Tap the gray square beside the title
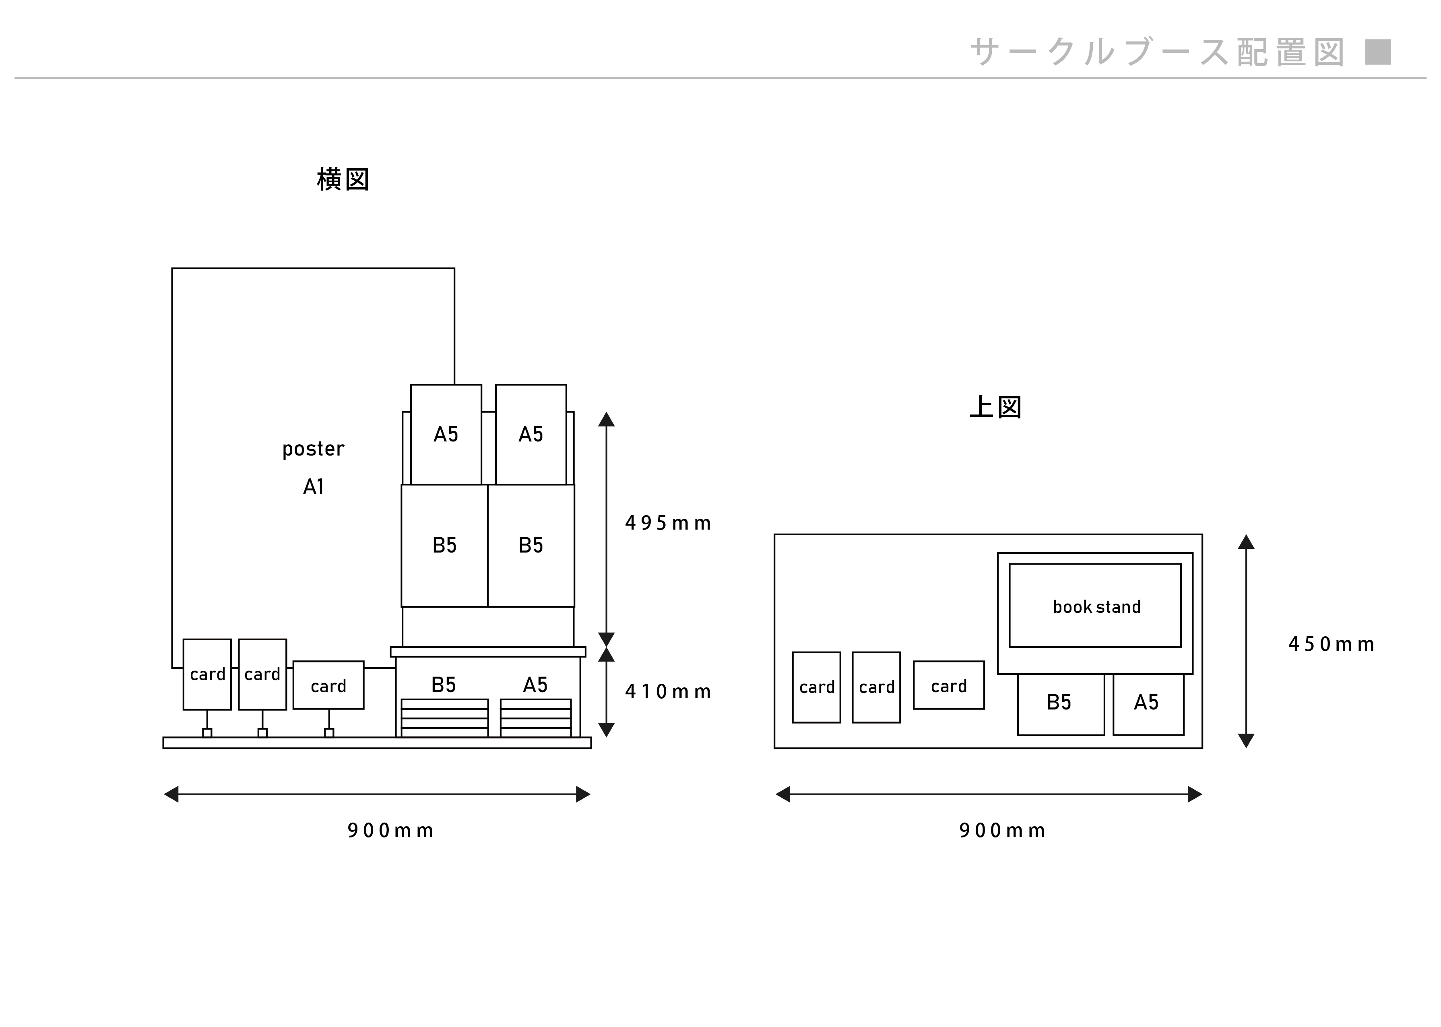(x=1378, y=52)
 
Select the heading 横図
(x=343, y=179)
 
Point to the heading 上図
(x=996, y=407)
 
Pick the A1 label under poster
(x=313, y=486)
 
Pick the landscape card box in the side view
(x=328, y=685)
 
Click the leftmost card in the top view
(x=816, y=687)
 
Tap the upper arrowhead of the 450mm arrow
(x=1245, y=542)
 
